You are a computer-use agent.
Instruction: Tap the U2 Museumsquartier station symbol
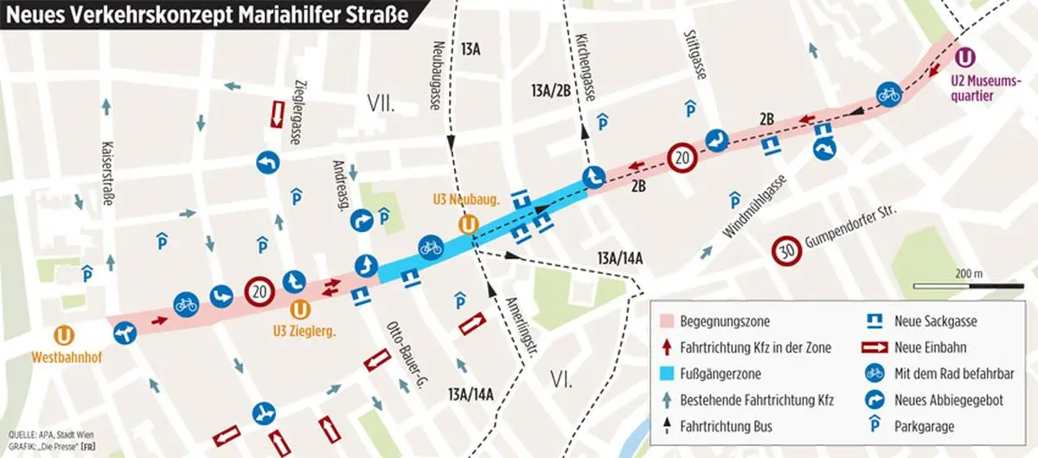coord(966,57)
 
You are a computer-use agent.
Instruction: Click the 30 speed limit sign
coord(784,252)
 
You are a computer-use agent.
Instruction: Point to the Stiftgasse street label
coord(690,51)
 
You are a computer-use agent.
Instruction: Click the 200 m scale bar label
coord(971,274)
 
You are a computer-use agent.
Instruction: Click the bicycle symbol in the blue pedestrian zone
coord(430,247)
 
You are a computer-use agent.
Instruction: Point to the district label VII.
coord(381,106)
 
